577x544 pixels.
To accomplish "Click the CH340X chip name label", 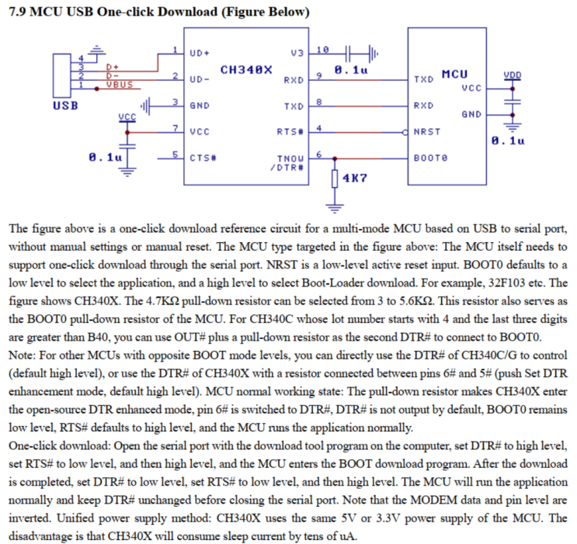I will pyautogui.click(x=246, y=70).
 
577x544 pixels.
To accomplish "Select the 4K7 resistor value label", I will pyautogui.click(x=355, y=178).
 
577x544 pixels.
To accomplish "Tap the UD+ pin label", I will pyautogui.click(x=200, y=53).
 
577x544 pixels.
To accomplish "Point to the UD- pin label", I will pyautogui.click(x=200, y=79).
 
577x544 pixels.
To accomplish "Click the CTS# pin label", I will pyautogui.click(x=203, y=158).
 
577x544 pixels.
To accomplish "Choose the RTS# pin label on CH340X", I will pyautogui.click(x=290, y=131).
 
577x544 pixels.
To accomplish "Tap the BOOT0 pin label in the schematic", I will pyautogui.click(x=431, y=158).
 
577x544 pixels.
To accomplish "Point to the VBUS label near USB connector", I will pyautogui.click(x=119, y=84).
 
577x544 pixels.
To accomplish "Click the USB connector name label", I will pyautogui.click(x=65, y=105).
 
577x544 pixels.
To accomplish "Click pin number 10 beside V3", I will pyautogui.click(x=323, y=49).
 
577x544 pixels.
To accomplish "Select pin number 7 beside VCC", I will pyautogui.click(x=177, y=127).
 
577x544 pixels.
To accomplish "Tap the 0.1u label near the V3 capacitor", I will pyautogui.click(x=350, y=70).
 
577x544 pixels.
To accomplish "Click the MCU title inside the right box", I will pyautogui.click(x=454, y=74).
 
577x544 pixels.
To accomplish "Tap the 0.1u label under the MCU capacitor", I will pyautogui.click(x=508, y=140).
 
